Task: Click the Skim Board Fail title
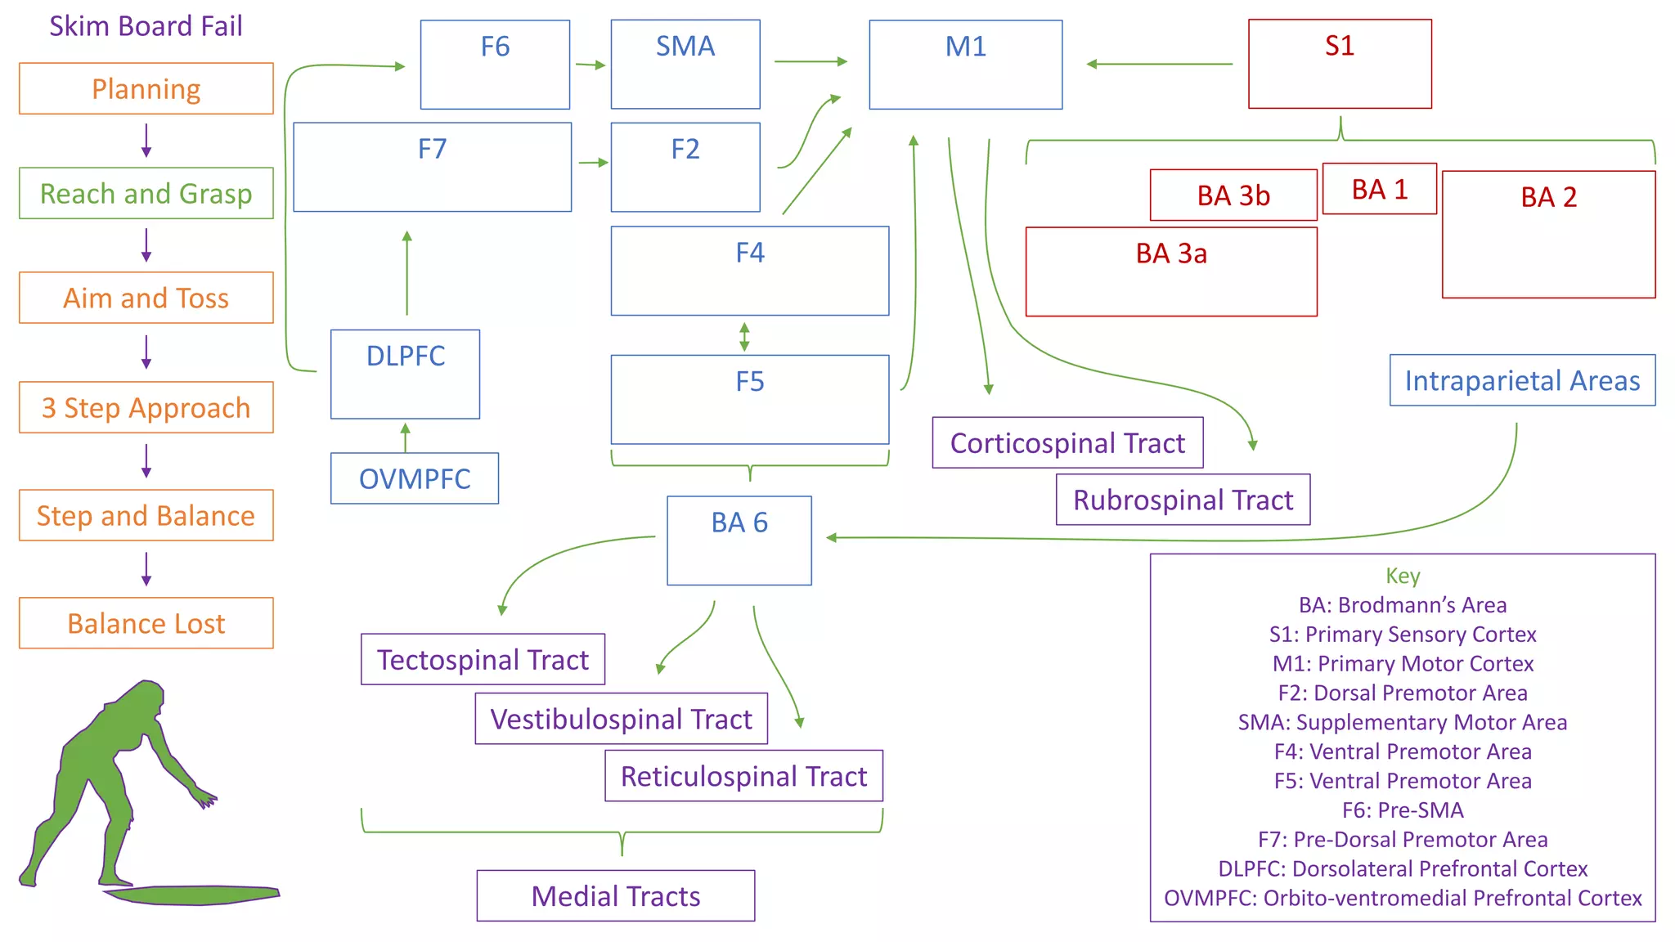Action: point(146,26)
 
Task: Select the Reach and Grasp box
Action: point(146,193)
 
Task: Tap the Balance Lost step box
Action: point(146,623)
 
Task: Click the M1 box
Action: point(965,64)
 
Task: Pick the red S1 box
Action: point(1339,64)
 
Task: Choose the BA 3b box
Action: point(1233,195)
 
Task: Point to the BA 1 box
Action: point(1379,189)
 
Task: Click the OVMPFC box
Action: point(414,478)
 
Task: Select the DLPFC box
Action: point(405,374)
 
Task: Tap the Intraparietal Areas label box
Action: point(1521,380)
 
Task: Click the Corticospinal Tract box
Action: point(1067,442)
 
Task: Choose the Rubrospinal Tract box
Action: point(1182,500)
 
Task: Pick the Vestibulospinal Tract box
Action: point(621,719)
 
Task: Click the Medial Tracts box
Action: point(615,895)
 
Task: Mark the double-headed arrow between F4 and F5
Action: point(743,336)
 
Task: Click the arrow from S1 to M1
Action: point(1159,64)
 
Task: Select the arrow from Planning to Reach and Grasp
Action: point(146,140)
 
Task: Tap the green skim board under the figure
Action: point(192,895)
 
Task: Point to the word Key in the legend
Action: point(1402,576)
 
